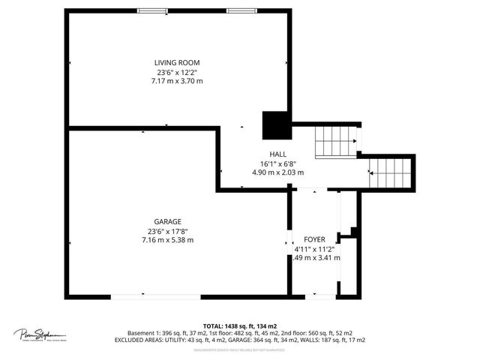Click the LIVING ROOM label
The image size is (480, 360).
coord(177,62)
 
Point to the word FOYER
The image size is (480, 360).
coord(315,238)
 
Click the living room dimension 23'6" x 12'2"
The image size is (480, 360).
coord(177,72)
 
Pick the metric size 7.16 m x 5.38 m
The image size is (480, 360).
coord(167,240)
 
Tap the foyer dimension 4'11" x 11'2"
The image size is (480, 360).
coord(316,248)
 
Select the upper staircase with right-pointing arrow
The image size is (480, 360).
coord(335,140)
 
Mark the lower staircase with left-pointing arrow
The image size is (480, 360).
coord(391,173)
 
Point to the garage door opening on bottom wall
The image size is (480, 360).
coord(156,297)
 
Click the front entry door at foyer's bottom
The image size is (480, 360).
coord(320,297)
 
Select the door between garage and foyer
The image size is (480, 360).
coord(289,241)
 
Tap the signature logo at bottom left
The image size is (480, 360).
coord(39,334)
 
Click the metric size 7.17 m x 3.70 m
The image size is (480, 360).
coord(177,81)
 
